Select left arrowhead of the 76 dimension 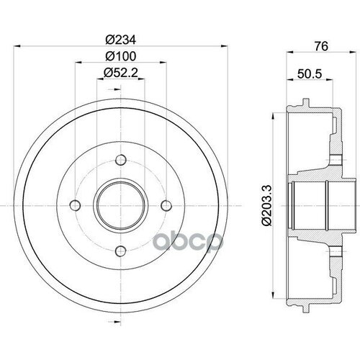tap(289, 52)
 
